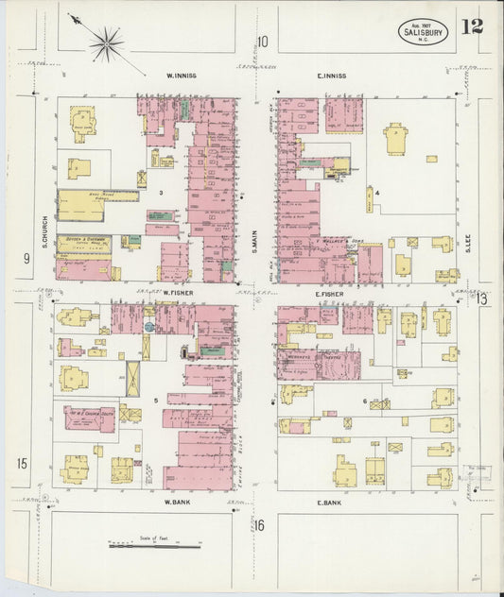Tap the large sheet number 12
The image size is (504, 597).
pos(472,26)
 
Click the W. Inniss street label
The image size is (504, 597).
pos(181,76)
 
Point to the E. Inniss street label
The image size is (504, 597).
pos(331,76)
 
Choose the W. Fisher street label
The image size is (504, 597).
pos(178,293)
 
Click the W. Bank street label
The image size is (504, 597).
pos(179,502)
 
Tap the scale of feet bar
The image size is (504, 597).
pos(154,545)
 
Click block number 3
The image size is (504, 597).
pos(162,193)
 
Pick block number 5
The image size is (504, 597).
pos(156,402)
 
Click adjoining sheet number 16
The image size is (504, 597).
pos(259,525)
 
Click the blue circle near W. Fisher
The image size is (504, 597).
pos(148,326)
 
